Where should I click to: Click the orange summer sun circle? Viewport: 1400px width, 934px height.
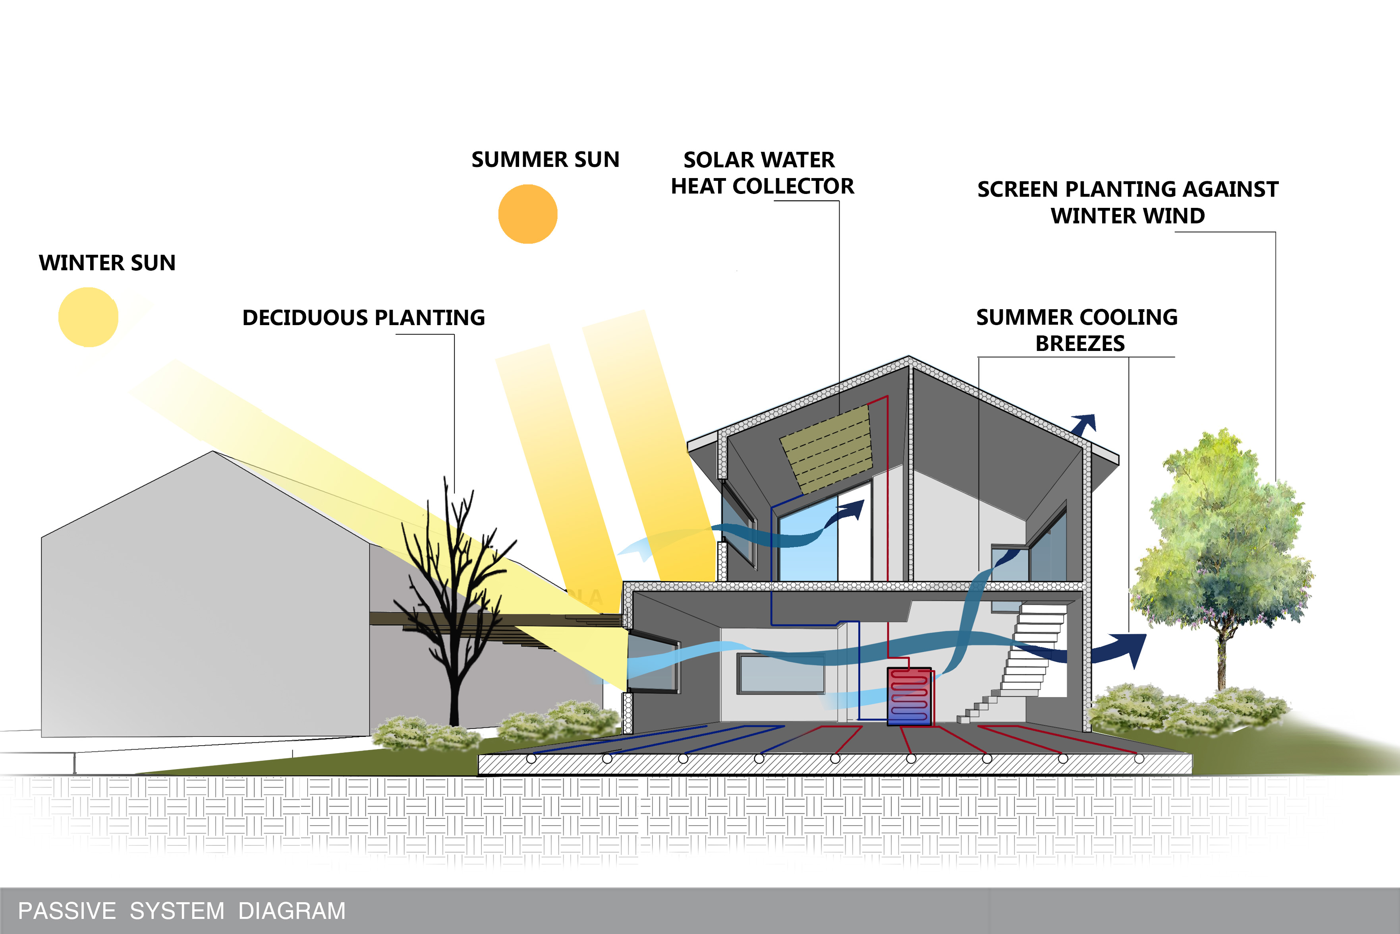coord(527,214)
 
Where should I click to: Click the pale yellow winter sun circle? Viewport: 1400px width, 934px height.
coord(88,317)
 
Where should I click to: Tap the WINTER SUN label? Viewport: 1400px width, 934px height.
coord(107,263)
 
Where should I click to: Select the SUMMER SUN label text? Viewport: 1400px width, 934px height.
coord(545,160)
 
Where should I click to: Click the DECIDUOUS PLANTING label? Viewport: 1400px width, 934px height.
coord(364,318)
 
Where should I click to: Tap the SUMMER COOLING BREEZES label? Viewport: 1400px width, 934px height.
coord(1078,330)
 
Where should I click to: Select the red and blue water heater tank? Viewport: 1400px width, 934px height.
coord(909,696)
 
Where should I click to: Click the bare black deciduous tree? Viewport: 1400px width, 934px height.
coord(456,602)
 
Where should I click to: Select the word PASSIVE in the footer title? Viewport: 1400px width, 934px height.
coord(67,911)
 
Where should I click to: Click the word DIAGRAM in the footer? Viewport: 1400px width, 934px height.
coord(292,911)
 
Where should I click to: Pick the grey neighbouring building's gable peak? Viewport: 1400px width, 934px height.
coord(213,451)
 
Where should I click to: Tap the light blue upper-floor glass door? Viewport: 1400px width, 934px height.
coord(808,539)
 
